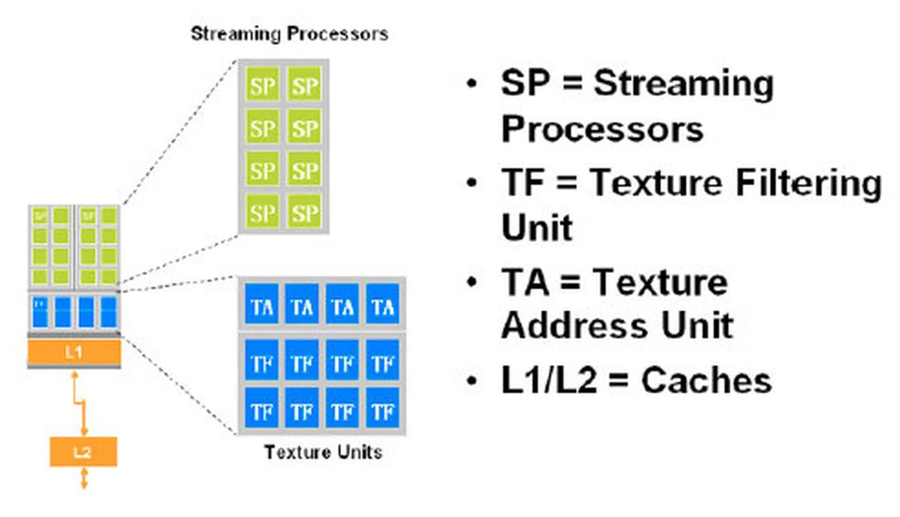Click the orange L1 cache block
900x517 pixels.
click(x=74, y=352)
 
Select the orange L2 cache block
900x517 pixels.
click(x=83, y=451)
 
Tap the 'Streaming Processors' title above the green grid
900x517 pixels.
click(x=289, y=34)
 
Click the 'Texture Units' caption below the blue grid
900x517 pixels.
click(x=323, y=452)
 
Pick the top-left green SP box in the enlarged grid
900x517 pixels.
click(x=262, y=85)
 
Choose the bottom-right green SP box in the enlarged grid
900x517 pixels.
click(x=305, y=213)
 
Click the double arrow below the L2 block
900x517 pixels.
click(x=84, y=479)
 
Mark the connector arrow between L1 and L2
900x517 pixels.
click(x=80, y=403)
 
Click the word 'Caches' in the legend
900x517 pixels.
click(x=706, y=380)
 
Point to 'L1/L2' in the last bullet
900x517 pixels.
click(x=548, y=380)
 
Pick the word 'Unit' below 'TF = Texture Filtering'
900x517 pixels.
click(x=537, y=228)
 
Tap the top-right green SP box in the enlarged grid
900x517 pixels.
click(x=305, y=85)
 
